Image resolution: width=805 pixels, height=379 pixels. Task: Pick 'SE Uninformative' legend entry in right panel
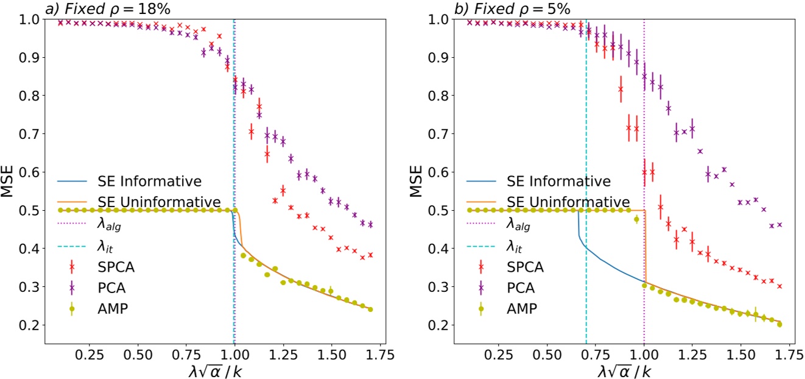click(x=569, y=202)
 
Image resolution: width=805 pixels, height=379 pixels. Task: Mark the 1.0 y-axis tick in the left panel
click(x=33, y=19)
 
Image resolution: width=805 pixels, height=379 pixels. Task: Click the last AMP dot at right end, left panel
click(x=370, y=310)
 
